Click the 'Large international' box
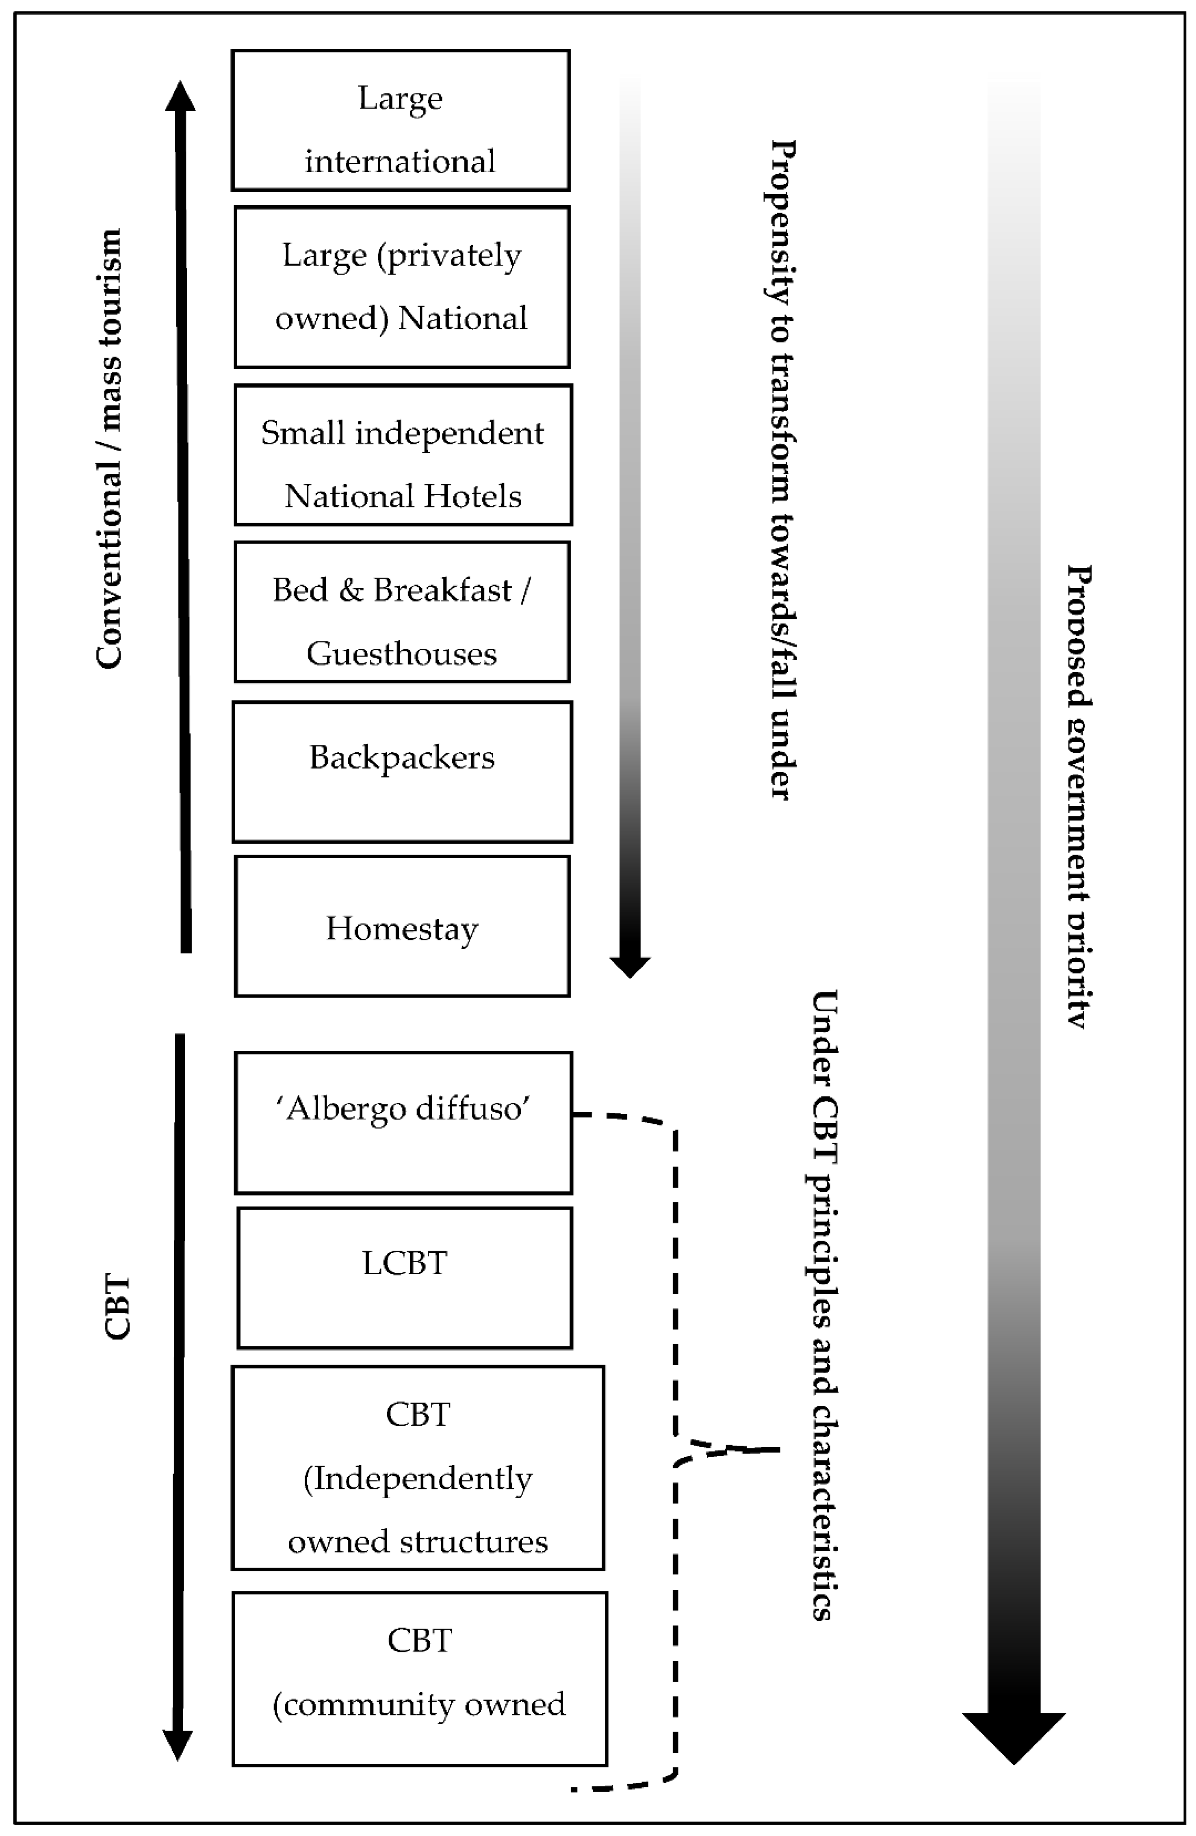[x=401, y=120]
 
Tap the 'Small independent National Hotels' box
[x=403, y=455]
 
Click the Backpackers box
[x=402, y=771]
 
